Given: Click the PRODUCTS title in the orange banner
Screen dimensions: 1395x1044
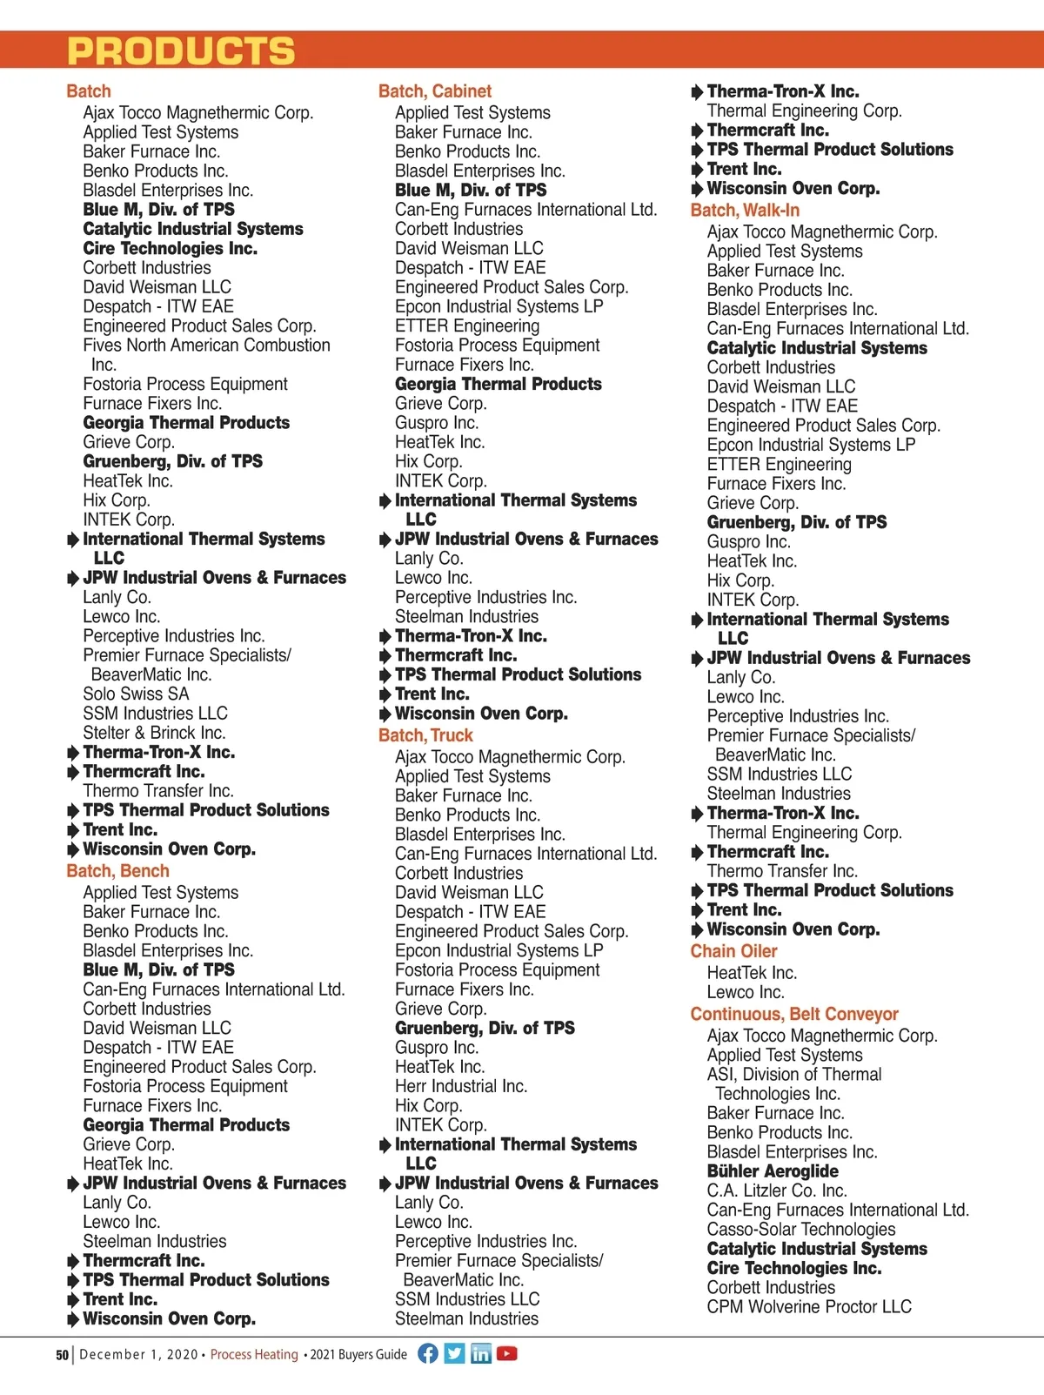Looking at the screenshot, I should [x=181, y=51].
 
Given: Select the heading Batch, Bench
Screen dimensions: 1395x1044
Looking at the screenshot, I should [x=117, y=871].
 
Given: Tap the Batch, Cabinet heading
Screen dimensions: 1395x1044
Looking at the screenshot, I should [x=434, y=91].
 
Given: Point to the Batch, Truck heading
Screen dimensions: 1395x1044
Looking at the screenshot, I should [x=425, y=735].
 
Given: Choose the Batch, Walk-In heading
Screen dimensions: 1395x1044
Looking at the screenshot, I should [x=745, y=211].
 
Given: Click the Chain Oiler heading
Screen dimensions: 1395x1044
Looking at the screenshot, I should [x=733, y=951].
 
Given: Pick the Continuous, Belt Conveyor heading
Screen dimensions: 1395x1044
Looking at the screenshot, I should [x=794, y=1014].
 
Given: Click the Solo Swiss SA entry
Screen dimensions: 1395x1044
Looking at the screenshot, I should [x=136, y=694].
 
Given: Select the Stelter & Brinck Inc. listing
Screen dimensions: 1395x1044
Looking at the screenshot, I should [x=154, y=733].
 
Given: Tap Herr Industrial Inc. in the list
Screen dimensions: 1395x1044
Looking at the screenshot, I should [x=461, y=1086].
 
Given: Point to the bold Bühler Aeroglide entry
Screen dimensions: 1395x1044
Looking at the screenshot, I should [x=773, y=1171].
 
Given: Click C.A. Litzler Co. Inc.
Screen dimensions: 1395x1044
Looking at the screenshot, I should [x=777, y=1190].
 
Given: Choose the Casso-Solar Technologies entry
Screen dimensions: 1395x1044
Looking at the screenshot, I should [x=801, y=1229].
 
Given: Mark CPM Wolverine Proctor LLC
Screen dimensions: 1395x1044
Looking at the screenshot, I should [x=809, y=1306].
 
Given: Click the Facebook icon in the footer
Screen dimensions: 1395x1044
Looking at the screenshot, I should [x=428, y=1353].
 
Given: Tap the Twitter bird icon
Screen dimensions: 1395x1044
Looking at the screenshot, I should [x=454, y=1353].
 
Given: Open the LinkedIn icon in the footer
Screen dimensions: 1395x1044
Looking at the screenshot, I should [x=480, y=1353].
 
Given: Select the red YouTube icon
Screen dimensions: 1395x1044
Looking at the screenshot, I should [x=507, y=1353].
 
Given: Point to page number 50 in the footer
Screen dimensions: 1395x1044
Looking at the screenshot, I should [x=62, y=1355].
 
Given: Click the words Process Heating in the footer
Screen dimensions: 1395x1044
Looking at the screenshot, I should [x=254, y=1354].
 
